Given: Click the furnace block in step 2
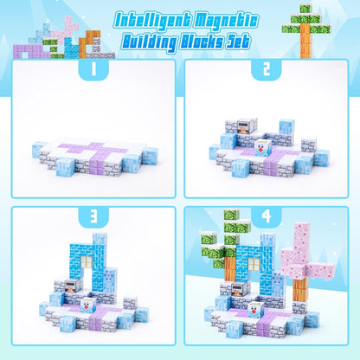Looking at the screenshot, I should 244,127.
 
